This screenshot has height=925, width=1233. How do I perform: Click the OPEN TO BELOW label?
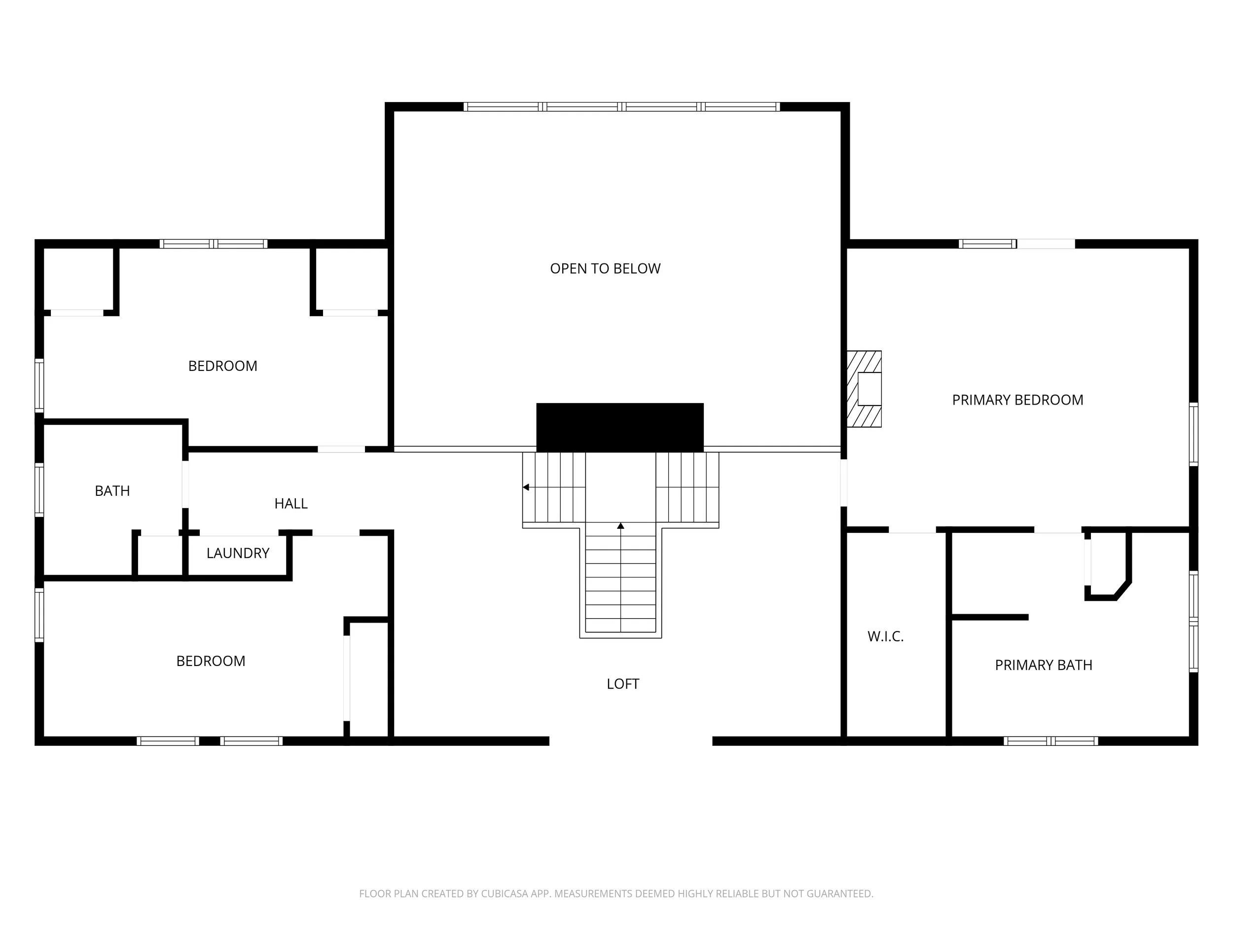pos(605,269)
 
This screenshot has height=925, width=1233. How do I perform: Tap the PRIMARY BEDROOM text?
pos(1017,400)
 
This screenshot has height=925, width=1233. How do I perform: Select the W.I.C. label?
pos(885,636)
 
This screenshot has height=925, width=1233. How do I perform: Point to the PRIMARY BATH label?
pos(1043,665)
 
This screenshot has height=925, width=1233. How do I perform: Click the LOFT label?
pos(622,684)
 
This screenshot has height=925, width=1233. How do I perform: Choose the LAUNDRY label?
pos(238,553)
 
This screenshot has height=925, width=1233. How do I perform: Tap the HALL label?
pos(290,504)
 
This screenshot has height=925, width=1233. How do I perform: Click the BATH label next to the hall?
pos(112,491)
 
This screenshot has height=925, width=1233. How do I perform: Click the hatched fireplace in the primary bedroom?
pos(864,389)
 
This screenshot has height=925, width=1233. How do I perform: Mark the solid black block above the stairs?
pos(620,427)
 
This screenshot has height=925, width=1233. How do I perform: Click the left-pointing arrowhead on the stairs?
pos(526,487)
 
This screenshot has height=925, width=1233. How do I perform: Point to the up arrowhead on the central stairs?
pos(620,526)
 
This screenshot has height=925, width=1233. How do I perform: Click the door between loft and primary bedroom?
pos(843,482)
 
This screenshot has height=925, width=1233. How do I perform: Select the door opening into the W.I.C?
pos(912,530)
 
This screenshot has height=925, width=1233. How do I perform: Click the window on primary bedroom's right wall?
pos(1193,434)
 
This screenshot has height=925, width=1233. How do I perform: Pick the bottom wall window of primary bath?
pos(1051,741)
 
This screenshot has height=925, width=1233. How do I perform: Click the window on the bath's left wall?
pos(39,489)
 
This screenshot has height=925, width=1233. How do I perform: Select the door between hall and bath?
pos(185,483)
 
